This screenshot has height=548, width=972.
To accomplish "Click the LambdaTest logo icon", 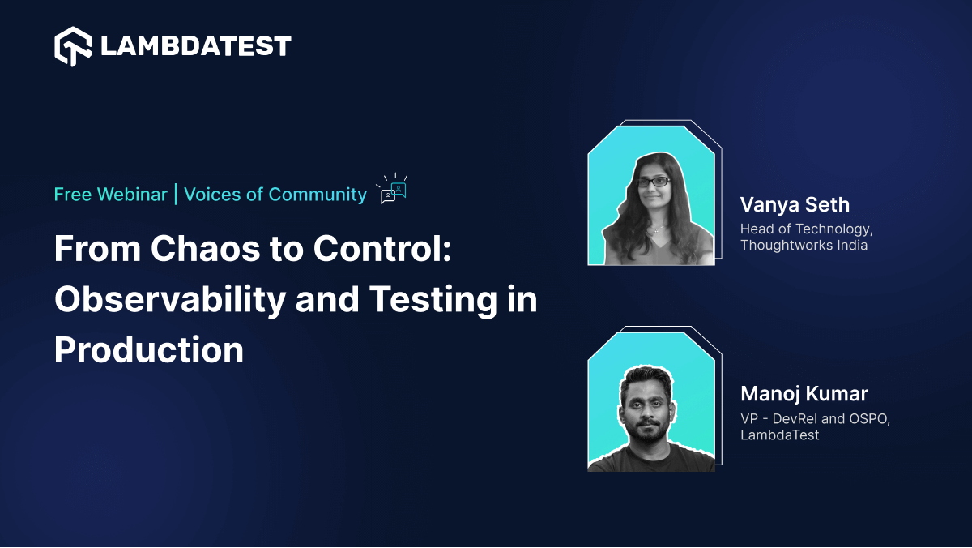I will click(72, 46).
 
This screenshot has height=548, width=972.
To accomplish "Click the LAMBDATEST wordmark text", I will click(195, 46).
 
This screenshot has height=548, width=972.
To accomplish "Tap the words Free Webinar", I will click(110, 195).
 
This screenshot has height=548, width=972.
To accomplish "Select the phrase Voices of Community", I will click(275, 195).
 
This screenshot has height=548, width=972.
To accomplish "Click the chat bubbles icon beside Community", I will click(393, 190).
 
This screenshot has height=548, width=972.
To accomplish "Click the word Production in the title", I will click(149, 350).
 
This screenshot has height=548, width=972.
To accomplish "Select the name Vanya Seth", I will click(795, 204).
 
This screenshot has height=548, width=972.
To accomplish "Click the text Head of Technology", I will click(806, 229).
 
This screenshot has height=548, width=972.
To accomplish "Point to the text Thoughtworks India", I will click(804, 245).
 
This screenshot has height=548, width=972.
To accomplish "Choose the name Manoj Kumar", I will click(804, 394).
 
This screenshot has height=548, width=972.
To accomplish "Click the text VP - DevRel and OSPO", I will click(815, 419).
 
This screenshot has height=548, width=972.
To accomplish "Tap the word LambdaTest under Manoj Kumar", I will click(779, 435).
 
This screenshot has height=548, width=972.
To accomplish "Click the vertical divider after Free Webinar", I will click(175, 195).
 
